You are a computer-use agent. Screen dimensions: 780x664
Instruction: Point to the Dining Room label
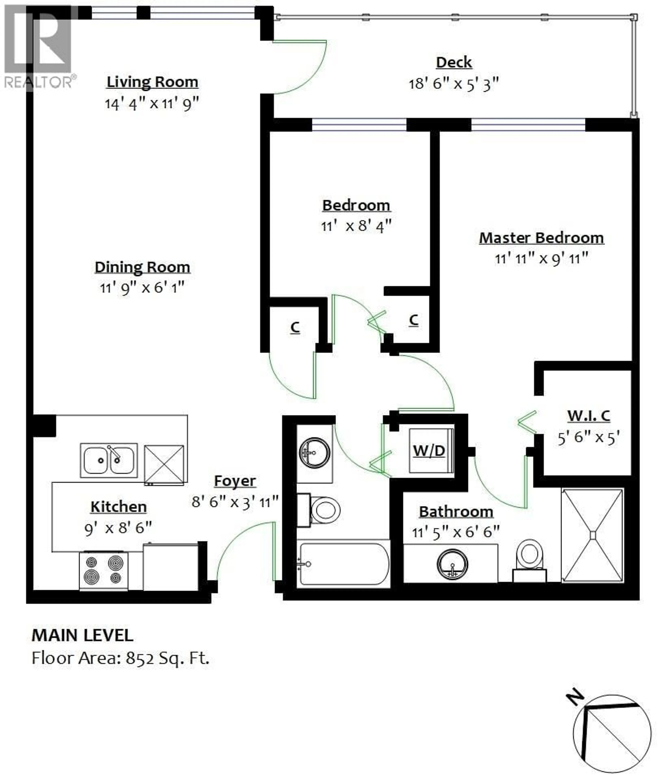click(x=142, y=267)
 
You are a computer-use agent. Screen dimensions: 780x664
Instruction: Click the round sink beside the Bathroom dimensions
click(x=453, y=564)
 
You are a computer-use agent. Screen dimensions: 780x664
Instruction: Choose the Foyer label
click(x=235, y=481)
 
